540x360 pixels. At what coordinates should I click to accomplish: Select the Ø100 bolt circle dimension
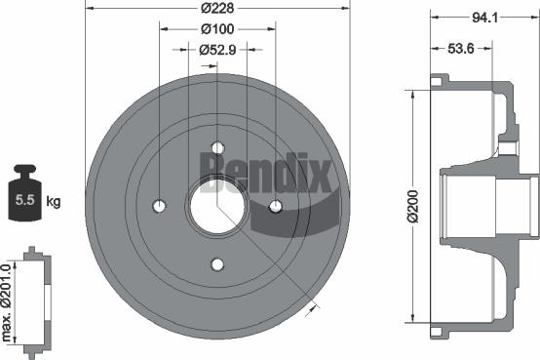pyautogui.click(x=217, y=30)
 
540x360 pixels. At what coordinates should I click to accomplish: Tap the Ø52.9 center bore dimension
pyautogui.click(x=217, y=50)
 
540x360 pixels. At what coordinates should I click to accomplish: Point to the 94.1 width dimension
pyautogui.click(x=479, y=15)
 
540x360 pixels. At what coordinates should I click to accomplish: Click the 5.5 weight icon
pyautogui.click(x=24, y=201)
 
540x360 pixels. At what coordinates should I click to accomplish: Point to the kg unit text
pyautogui.click(x=54, y=202)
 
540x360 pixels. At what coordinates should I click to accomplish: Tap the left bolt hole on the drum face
pyautogui.click(x=161, y=206)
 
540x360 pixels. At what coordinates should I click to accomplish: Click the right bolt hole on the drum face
pyautogui.click(x=275, y=206)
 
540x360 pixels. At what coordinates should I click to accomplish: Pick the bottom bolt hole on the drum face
pyautogui.click(x=217, y=263)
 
